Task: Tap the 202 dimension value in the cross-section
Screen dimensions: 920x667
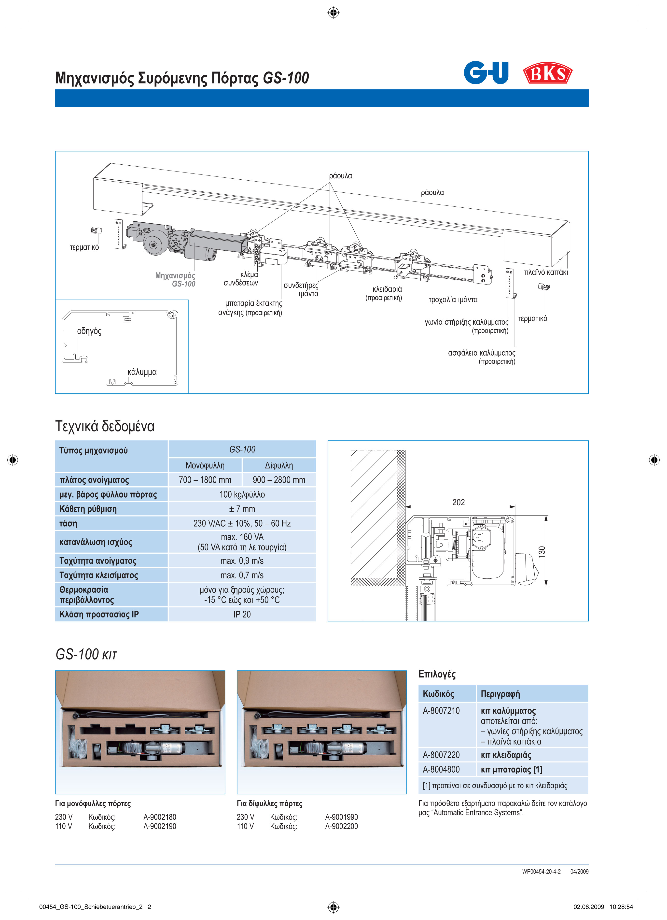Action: [x=458, y=502]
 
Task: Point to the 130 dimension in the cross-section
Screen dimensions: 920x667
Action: [x=542, y=552]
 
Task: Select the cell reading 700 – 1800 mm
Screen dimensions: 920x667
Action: [x=205, y=480]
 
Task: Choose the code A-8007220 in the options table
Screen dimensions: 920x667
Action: [x=441, y=755]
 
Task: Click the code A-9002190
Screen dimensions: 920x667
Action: [x=160, y=826]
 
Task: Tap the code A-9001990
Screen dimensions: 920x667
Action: [x=341, y=817]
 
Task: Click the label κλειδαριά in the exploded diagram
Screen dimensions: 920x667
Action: [x=387, y=289]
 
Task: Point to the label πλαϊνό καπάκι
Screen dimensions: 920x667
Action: [x=545, y=272]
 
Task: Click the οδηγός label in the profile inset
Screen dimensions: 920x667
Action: [x=89, y=331]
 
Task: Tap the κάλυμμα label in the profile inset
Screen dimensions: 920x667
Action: [x=142, y=372]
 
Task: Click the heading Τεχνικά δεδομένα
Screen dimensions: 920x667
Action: [x=105, y=426]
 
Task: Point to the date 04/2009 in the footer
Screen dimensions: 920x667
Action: [x=579, y=871]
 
